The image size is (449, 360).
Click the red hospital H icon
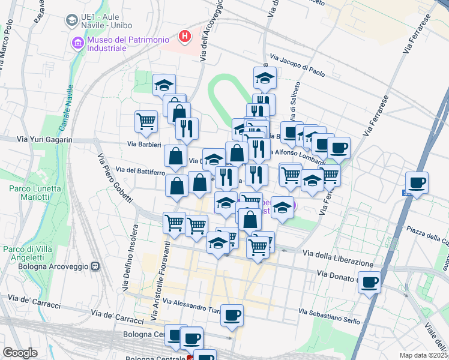[x=185, y=36]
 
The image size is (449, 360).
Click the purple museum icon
[x=77, y=43]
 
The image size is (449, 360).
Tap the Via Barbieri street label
[x=144, y=144]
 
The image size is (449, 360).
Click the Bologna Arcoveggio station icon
[x=94, y=266]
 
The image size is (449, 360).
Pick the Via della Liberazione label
[x=342, y=259]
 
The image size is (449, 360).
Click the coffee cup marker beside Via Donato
[x=370, y=281]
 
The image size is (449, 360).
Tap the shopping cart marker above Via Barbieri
[x=146, y=122]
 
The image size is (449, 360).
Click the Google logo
[x=20, y=353]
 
